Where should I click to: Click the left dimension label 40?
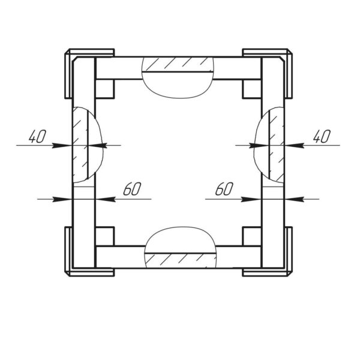[x=37, y=136]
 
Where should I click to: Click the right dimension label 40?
[x=322, y=136]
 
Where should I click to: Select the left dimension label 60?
[x=132, y=189]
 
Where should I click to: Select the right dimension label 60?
[x=224, y=189]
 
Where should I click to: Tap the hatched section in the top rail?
[x=178, y=65]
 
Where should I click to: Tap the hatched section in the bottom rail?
[x=181, y=260]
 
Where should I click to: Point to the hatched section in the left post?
[x=80, y=145]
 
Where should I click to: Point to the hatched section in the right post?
[x=277, y=145]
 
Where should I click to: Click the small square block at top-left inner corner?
[x=104, y=89]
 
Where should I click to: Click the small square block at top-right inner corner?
[x=252, y=89]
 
